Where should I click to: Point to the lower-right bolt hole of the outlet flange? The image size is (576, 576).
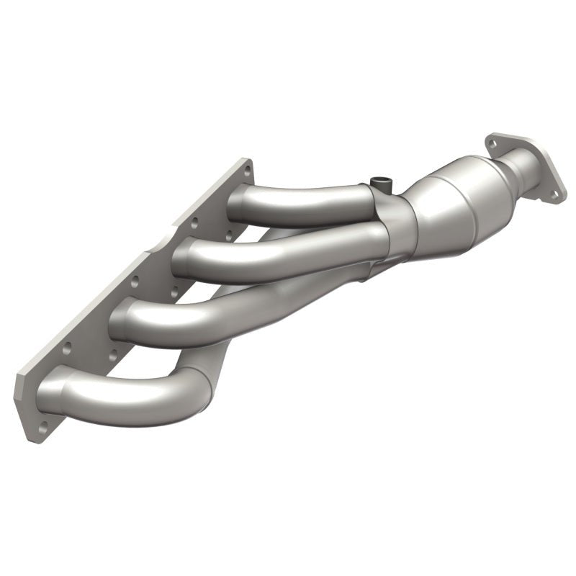point(554,193)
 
